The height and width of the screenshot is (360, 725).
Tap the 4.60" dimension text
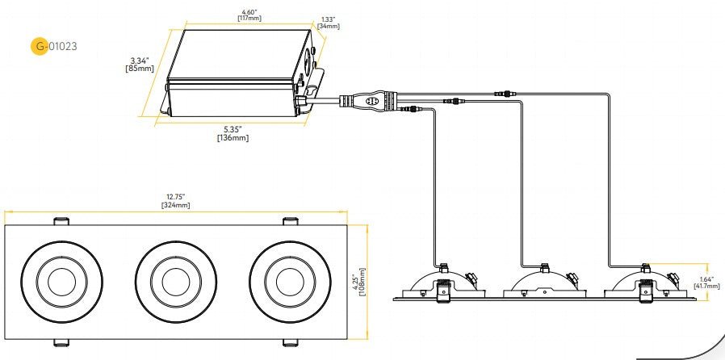pyautogui.click(x=248, y=10)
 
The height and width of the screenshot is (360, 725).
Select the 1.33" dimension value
pyautogui.click(x=328, y=19)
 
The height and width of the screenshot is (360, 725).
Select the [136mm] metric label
pyautogui.click(x=233, y=138)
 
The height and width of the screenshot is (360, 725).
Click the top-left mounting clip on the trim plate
pyautogui.click(x=61, y=220)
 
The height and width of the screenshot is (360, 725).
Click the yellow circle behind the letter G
pyautogui.click(x=40, y=46)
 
